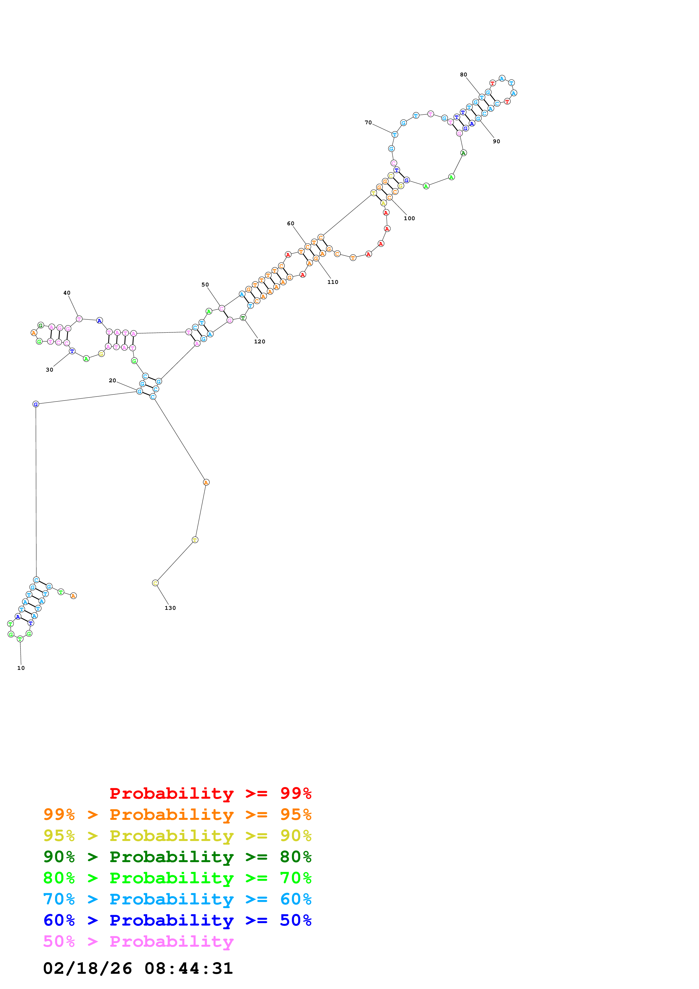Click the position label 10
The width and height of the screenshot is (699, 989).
click(x=21, y=668)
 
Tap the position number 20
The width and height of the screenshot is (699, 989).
click(x=113, y=380)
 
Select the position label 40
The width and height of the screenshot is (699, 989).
click(x=67, y=293)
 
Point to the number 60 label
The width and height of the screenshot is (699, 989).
click(x=291, y=224)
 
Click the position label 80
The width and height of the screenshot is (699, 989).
click(x=464, y=74)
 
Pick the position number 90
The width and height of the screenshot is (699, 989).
click(x=497, y=141)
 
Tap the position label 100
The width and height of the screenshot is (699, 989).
click(x=409, y=218)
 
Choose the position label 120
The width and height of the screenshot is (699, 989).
click(x=260, y=342)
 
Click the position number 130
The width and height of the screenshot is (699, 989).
click(x=170, y=608)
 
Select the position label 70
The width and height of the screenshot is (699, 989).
click(x=368, y=123)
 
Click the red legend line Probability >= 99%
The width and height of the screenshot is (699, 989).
click(x=211, y=793)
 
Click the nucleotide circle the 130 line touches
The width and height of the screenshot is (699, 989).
click(x=155, y=583)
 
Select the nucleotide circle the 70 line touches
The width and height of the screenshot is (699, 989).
click(x=394, y=134)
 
